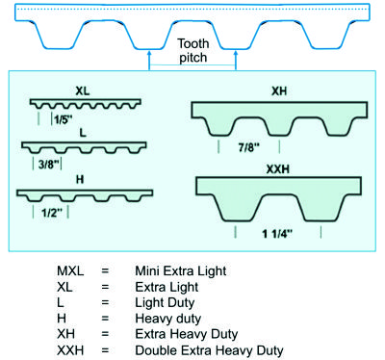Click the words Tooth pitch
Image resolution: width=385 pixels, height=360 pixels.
[x=193, y=51]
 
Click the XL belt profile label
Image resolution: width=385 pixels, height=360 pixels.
[x=83, y=91]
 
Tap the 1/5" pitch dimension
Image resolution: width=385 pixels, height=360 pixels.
[x=63, y=119]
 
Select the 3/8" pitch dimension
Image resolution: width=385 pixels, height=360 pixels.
[x=49, y=165]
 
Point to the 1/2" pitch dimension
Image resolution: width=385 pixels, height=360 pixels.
[x=52, y=213]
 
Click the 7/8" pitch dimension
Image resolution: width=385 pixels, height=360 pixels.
[x=248, y=147]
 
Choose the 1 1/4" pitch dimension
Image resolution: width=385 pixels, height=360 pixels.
[x=277, y=234]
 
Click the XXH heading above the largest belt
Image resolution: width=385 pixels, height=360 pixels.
[x=278, y=169]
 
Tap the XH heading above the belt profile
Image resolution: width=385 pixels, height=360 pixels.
[x=279, y=91]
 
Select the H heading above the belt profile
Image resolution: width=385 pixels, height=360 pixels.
[x=80, y=179]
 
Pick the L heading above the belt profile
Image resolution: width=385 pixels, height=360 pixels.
[x=83, y=133]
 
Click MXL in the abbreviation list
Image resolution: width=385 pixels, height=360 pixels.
[x=70, y=271]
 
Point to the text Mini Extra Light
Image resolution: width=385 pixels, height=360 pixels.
[x=181, y=271]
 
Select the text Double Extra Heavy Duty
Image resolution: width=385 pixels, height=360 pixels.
[x=209, y=350]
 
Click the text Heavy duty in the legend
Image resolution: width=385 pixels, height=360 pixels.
[x=168, y=319]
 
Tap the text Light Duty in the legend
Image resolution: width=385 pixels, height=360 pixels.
[x=165, y=303]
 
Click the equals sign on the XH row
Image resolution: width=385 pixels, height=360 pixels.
[x=105, y=334]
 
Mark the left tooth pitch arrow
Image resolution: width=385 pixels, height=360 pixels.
[x=149, y=60]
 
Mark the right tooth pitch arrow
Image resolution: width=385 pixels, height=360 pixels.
[x=236, y=60]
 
